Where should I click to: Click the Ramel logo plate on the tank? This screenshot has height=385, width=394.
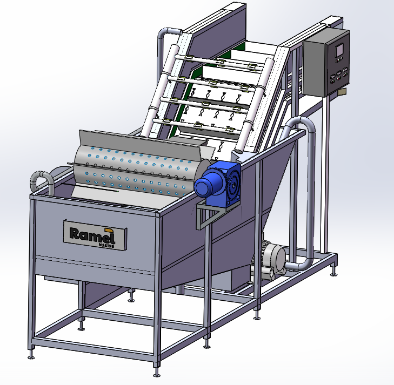pyautogui.click(x=95, y=235)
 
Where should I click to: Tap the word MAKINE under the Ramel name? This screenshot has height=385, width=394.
pyautogui.click(x=106, y=245)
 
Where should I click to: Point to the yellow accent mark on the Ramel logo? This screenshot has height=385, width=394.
pyautogui.click(x=109, y=230)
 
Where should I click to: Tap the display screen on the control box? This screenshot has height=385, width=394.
pyautogui.click(x=339, y=50)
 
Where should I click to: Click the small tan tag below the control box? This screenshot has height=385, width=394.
pyautogui.click(x=342, y=92)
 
